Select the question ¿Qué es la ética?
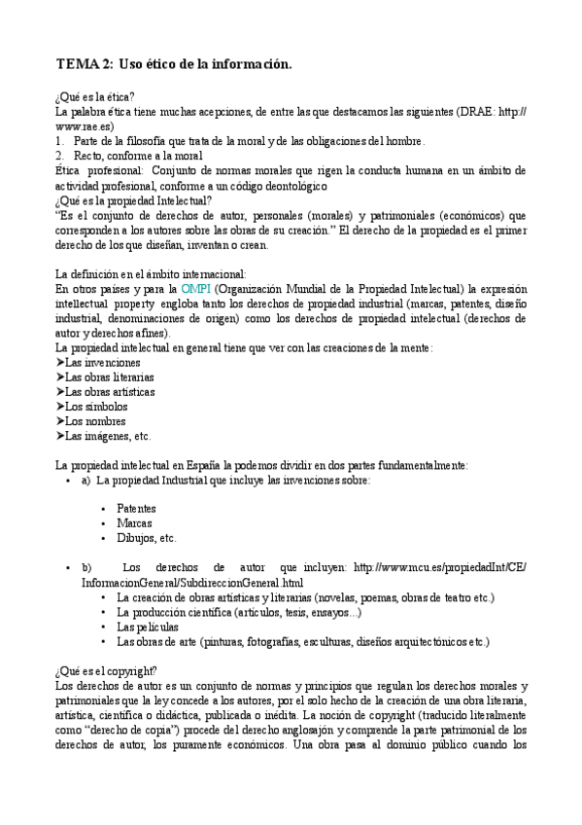coord(95,97)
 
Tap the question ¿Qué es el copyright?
coord(106,671)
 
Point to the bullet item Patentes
coord(136,508)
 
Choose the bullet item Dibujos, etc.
coord(147,537)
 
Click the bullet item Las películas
coord(148,628)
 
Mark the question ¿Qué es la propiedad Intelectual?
coord(134,200)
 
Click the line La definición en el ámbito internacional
coord(151,273)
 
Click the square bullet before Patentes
coord(103,509)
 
